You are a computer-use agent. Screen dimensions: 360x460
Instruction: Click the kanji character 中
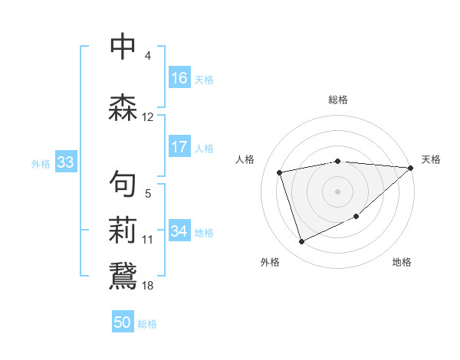(x=123, y=47)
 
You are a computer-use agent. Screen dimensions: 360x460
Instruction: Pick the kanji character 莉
(x=123, y=229)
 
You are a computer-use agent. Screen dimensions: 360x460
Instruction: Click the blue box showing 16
(x=179, y=77)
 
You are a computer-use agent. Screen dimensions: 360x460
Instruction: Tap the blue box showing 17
(x=179, y=147)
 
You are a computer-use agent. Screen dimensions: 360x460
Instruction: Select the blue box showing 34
(x=179, y=231)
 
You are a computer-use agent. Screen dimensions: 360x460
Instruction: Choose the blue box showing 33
(x=65, y=162)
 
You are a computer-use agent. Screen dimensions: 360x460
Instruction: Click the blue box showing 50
(x=123, y=322)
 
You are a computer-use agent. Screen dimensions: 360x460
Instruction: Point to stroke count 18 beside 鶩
(x=148, y=285)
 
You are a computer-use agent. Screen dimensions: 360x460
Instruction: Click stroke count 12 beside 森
(x=148, y=117)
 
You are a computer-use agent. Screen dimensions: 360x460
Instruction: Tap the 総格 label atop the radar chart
(x=338, y=100)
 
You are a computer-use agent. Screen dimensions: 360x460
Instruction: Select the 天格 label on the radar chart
(x=431, y=159)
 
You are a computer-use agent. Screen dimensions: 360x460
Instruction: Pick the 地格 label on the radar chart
(x=402, y=263)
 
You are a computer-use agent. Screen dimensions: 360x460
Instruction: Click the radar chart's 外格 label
(x=270, y=263)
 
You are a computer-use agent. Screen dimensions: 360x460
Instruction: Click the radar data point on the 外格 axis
(x=301, y=242)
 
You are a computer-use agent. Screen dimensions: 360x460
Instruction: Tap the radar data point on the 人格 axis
(x=280, y=172)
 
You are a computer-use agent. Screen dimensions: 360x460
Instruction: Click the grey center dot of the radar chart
(x=338, y=191)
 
